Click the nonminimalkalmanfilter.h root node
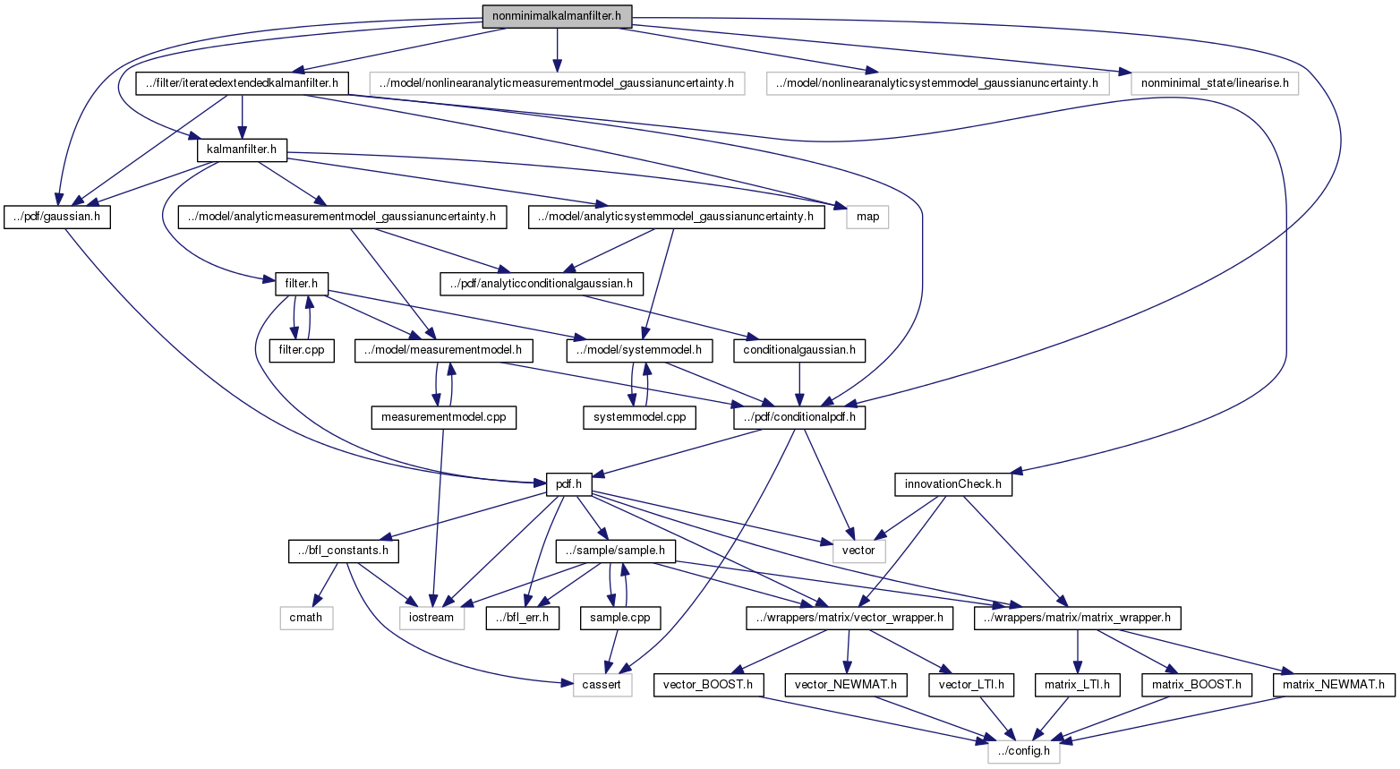click(557, 15)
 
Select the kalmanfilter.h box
click(242, 150)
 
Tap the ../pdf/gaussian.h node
click(56, 217)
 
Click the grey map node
click(867, 217)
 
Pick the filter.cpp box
click(302, 350)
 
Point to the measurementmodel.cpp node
click(443, 417)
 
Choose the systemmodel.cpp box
click(639, 417)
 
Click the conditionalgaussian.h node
click(799, 350)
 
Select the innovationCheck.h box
click(953, 484)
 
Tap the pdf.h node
click(568, 484)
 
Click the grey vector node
click(858, 551)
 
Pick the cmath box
click(306, 618)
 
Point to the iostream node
click(431, 618)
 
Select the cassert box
click(602, 685)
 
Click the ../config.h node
click(1024, 751)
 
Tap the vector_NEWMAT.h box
click(846, 685)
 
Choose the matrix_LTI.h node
click(1077, 685)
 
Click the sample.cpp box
click(620, 618)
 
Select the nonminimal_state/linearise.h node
click(1214, 83)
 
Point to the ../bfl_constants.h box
click(344, 551)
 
